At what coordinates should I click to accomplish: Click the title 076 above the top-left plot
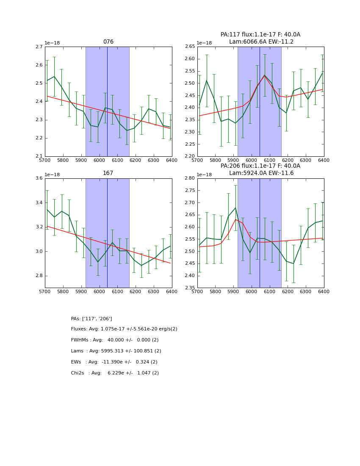pos(108,42)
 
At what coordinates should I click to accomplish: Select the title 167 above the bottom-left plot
pos(108,173)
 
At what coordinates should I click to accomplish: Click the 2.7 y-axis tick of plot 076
pos(39,47)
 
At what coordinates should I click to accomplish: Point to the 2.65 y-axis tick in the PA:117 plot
pos(190,47)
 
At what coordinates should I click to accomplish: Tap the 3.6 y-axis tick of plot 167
pos(39,178)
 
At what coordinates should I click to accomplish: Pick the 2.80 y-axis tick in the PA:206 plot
pos(190,178)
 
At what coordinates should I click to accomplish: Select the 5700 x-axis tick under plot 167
pos(45,292)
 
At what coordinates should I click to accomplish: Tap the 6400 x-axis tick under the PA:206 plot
pos(324,292)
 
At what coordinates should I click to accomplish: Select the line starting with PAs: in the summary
pos(91,319)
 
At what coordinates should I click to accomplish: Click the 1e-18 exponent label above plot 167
pos(52,175)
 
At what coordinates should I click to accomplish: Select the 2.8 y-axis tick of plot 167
pos(39,276)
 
